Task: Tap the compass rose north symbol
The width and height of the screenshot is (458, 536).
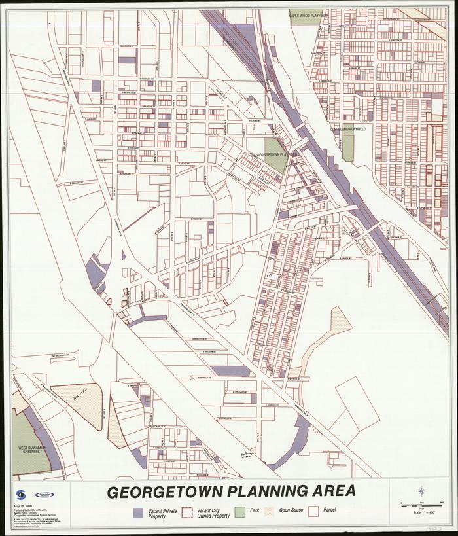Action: pyautogui.click(x=423, y=490)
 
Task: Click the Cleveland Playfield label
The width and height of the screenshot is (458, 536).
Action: pyautogui.click(x=347, y=130)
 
